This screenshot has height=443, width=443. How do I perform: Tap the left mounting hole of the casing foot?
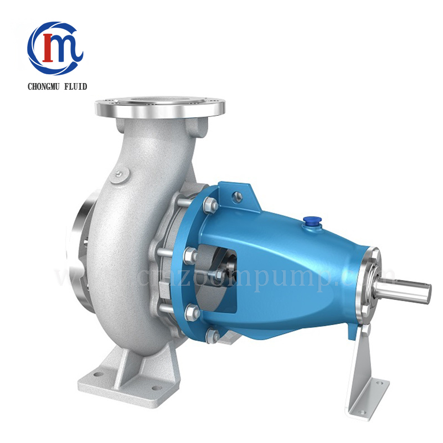(98, 374)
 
